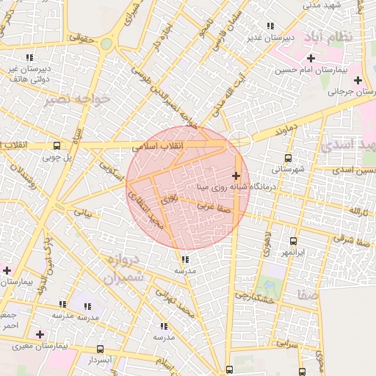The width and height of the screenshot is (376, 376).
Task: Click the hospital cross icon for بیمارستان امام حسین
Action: (311, 58)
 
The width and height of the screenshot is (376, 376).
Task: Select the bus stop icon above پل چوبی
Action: (57, 145)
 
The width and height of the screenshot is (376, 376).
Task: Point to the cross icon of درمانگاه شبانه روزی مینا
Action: (236, 176)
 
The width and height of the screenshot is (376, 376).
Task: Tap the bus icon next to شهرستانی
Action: (287, 157)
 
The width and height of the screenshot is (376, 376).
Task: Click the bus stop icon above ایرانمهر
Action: (293, 241)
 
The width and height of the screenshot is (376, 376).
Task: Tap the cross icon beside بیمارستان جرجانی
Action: (358, 80)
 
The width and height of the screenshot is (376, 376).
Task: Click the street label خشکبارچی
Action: (254, 297)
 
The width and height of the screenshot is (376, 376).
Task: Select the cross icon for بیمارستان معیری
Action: (39, 334)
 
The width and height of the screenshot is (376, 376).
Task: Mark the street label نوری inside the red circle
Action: (170, 198)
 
